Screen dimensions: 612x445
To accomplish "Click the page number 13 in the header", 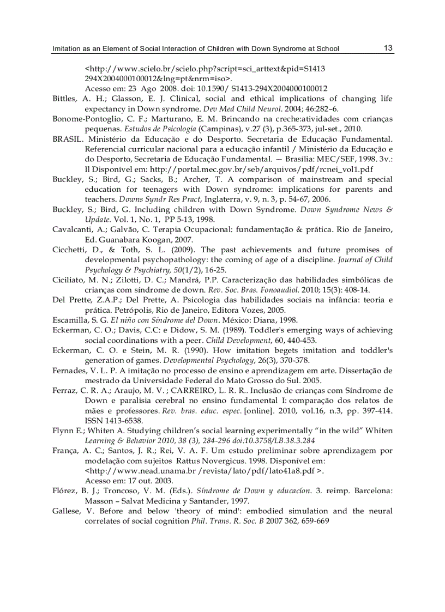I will (x=388, y=48).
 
